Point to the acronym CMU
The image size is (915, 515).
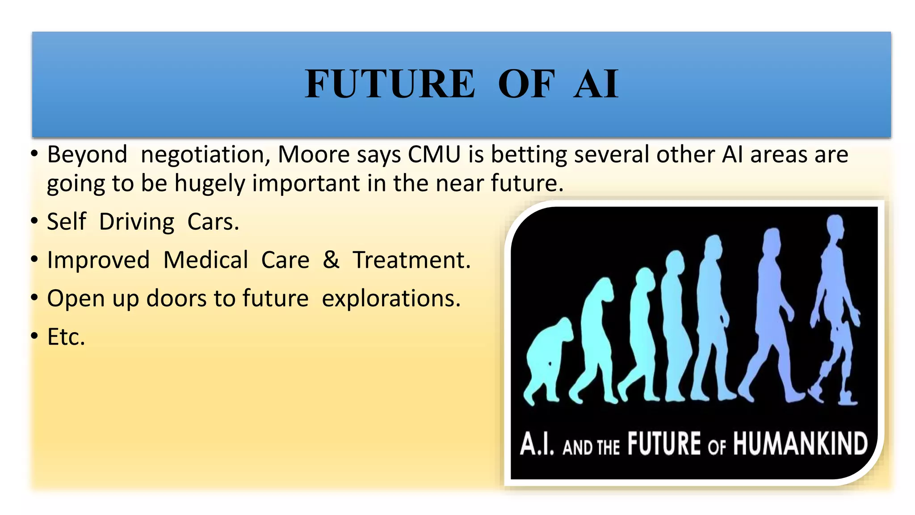[x=434, y=155]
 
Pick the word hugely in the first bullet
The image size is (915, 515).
[x=210, y=184]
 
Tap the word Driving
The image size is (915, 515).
[x=137, y=222]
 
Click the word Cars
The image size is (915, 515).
[x=213, y=222]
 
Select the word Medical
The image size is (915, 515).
[x=206, y=260]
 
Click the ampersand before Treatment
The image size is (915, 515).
[x=331, y=260]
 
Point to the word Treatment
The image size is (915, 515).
[x=411, y=260]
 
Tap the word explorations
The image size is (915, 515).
[x=391, y=299]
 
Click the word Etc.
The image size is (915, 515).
[x=66, y=337]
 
